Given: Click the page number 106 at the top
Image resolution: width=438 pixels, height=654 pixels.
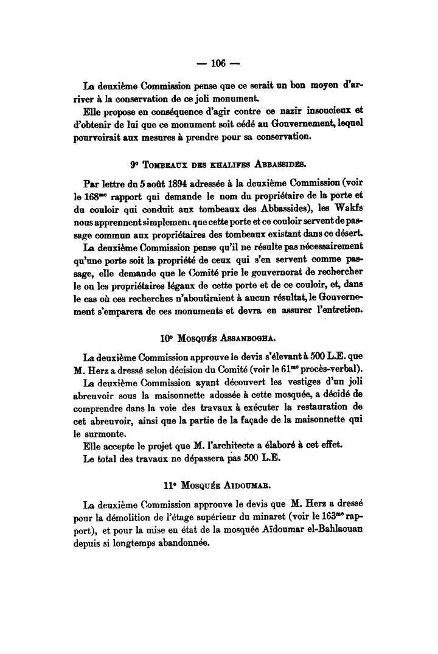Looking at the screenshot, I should pyautogui.click(x=218, y=62).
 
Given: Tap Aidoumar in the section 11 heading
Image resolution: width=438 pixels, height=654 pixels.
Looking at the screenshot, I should pyautogui.click(x=241, y=486).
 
